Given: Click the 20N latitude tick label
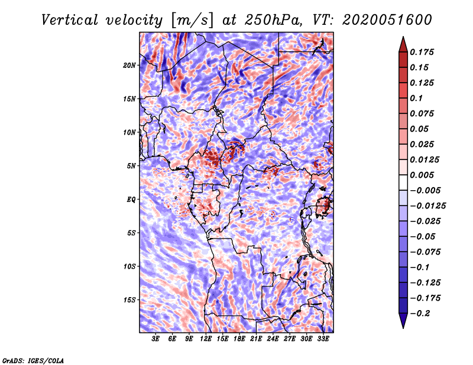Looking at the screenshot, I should click(x=129, y=66).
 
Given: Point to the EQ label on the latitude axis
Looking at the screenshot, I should click(x=131, y=200).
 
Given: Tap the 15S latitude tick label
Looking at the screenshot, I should click(x=129, y=300).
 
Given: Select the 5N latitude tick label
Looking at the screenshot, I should click(x=131, y=166).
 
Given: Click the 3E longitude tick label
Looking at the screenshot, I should click(x=155, y=340).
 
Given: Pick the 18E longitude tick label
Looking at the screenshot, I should click(x=239, y=340).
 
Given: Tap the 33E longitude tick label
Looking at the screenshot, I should click(x=323, y=340).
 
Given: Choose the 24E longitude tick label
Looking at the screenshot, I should click(x=273, y=340).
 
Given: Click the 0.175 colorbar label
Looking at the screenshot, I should click(x=423, y=52).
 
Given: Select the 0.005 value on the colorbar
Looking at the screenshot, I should click(x=423, y=175).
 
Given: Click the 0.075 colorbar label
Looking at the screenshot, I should click(x=423, y=113).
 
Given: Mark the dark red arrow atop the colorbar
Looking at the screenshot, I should click(x=402, y=43).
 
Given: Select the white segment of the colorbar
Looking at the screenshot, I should click(x=402, y=182).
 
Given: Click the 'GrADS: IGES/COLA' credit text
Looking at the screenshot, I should click(x=33, y=360).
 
